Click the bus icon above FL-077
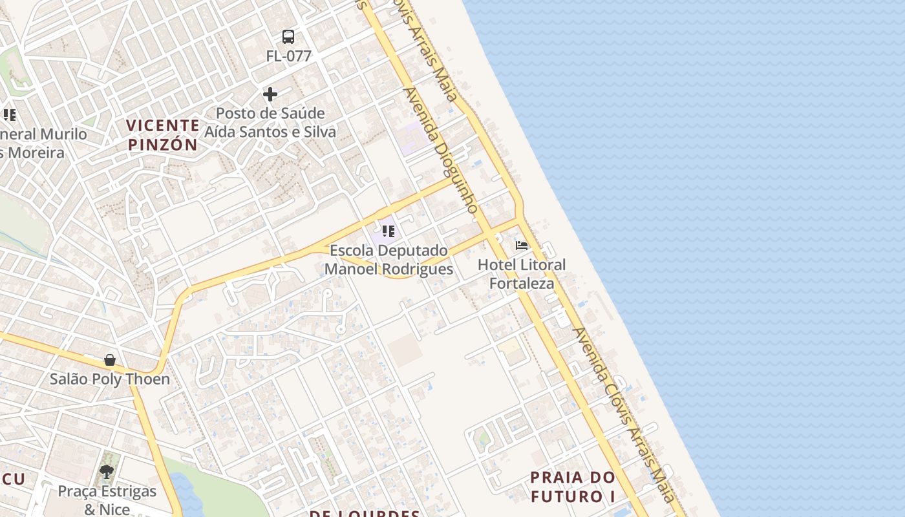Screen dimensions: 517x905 [x=288, y=37]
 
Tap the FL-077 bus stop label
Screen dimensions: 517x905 [x=288, y=56]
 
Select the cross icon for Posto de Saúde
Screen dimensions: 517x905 [x=270, y=95]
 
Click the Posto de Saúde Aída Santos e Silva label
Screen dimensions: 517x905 [x=270, y=123]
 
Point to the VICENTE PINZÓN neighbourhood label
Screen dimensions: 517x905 [x=163, y=134]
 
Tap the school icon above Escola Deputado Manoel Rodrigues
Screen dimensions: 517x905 [x=388, y=231]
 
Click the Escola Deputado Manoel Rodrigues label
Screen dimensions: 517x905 [x=389, y=260]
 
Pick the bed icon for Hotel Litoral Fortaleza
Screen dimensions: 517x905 [x=522, y=246]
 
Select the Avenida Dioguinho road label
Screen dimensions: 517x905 [x=442, y=150]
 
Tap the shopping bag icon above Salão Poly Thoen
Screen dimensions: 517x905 [x=110, y=360]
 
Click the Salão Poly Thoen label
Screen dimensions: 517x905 [x=110, y=379]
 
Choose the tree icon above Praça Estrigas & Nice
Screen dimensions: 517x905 [x=107, y=472]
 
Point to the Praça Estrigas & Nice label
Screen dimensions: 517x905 [x=107, y=500]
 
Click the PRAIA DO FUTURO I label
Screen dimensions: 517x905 [x=573, y=487]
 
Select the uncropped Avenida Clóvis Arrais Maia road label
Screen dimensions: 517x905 [x=624, y=414]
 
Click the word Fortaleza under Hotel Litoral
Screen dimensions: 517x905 [x=522, y=283]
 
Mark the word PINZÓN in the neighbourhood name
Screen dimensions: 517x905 [x=163, y=144]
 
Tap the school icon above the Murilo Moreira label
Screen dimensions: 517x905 [x=9, y=115]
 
